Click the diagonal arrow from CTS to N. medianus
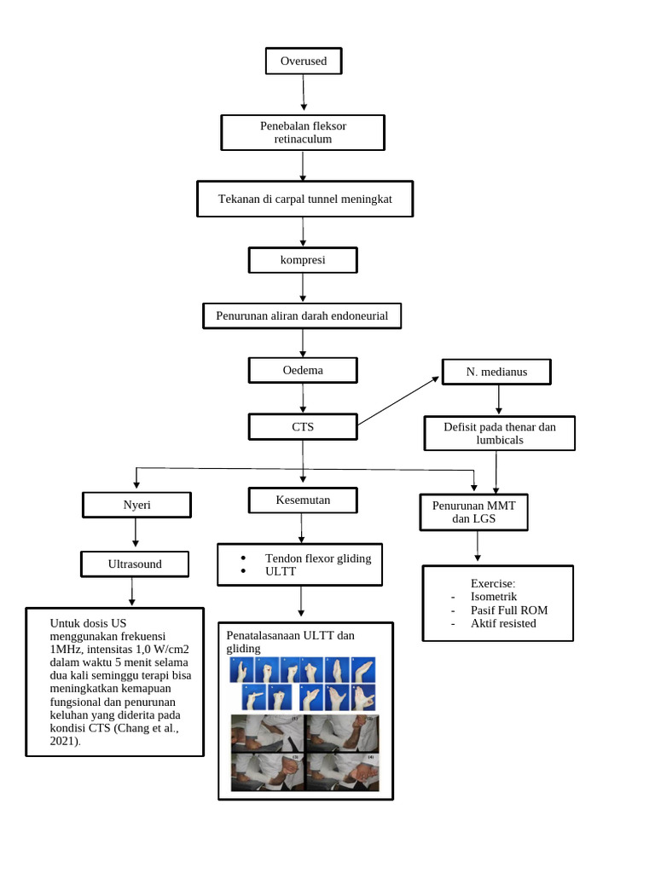click(398, 401)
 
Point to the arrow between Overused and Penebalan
click(304, 92)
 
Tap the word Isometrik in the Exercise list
click(494, 597)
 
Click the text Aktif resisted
click(503, 623)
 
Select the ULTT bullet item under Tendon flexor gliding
click(280, 571)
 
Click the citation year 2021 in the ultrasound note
click(64, 741)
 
